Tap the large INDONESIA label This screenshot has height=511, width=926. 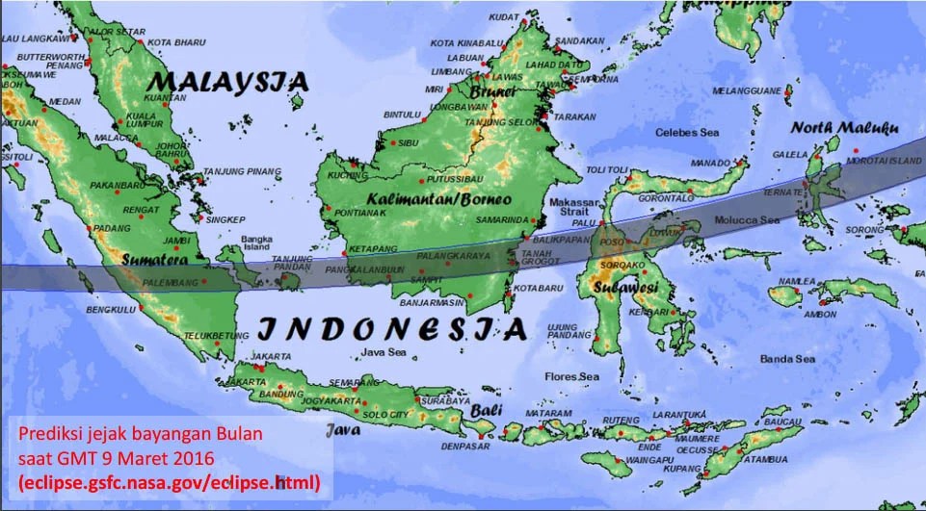393,329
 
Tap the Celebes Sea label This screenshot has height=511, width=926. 687,132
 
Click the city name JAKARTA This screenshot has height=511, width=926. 271,356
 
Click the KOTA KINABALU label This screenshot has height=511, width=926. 468,43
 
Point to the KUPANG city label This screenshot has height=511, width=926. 682,468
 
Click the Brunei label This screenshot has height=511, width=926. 494,90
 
